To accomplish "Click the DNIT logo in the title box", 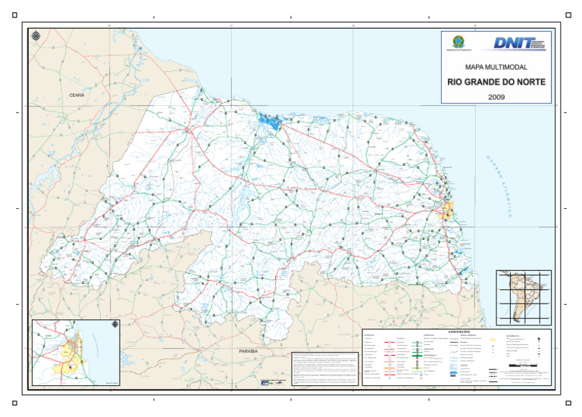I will coord(519,43).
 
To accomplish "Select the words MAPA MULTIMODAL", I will coord(496,67).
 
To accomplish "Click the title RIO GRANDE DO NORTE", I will coord(496,82).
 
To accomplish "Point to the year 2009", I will coord(496,97).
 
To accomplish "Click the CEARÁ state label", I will coord(77,95).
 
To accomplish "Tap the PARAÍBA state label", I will coord(249,352).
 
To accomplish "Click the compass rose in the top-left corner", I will coord(36,35).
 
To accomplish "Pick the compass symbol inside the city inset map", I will coord(114,325).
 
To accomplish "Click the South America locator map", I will coord(523,297).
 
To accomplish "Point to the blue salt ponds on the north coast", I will coord(269,120).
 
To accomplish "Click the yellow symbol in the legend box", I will coord(493,341).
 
